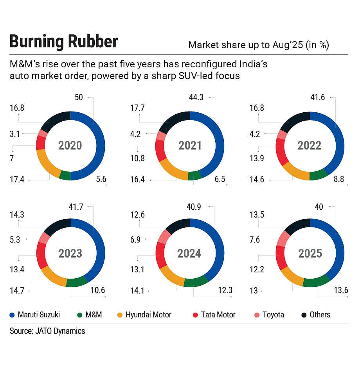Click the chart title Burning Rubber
click(63, 42)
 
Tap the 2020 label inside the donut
click(70, 146)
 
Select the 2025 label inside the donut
click(310, 253)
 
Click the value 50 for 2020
click(79, 97)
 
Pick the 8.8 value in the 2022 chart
click(338, 179)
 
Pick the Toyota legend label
click(273, 315)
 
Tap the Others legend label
click(320, 315)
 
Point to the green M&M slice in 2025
click(315, 281)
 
